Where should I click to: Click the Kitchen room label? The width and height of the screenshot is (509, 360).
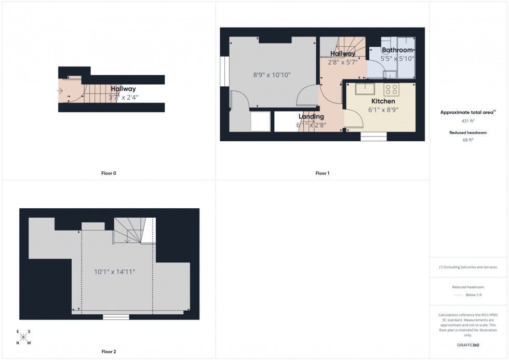tap(383, 101)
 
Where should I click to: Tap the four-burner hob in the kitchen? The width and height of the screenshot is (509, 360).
tap(392, 89)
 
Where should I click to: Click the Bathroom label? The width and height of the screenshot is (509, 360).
tap(397, 50)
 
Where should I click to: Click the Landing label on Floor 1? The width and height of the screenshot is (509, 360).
tap(311, 116)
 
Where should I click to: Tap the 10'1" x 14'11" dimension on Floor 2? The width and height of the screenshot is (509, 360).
tap(115, 272)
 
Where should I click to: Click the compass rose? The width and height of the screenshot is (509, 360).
tap(23, 337)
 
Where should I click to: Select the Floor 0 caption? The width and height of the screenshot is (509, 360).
tap(109, 173)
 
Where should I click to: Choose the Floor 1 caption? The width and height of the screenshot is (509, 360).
tap(323, 173)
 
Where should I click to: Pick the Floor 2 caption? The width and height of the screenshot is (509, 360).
tap(109, 352)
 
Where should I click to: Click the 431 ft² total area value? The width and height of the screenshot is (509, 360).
tap(468, 121)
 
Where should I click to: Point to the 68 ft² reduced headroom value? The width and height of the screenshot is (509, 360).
tap(468, 139)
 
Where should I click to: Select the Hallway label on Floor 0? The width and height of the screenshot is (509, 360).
tap(123, 89)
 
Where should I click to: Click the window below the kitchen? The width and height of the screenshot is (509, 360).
tap(373, 136)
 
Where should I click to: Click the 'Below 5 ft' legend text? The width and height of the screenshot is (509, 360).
tap(473, 295)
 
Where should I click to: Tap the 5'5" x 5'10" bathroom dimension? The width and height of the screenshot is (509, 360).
tap(397, 59)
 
